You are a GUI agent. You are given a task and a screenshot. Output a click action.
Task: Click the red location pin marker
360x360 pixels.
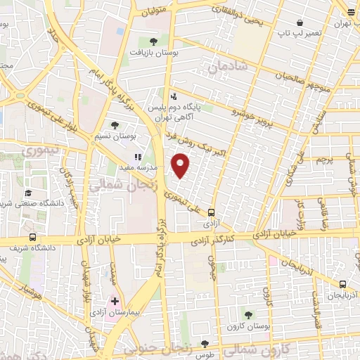(181, 165)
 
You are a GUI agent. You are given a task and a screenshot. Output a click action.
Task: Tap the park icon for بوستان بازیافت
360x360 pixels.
(153, 41)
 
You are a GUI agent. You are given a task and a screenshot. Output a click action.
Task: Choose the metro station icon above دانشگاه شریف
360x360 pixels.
(32, 237)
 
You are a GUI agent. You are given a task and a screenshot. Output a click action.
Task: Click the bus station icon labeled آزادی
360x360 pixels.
(211, 212)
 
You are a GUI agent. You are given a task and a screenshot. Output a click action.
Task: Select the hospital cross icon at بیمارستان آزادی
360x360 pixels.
(115, 301)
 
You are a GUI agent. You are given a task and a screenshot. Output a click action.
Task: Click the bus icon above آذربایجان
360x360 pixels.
(342, 284)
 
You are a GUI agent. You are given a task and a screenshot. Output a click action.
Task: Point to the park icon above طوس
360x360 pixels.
(205, 344)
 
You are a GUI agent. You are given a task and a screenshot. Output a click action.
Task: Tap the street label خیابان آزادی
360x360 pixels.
(102, 239)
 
